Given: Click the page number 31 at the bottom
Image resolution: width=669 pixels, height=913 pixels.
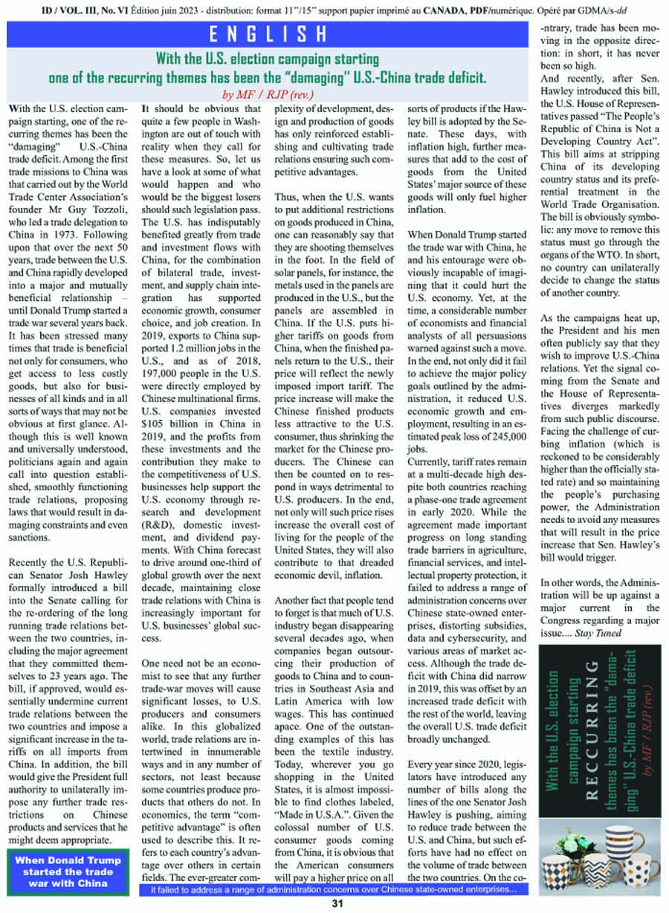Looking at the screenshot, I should pyautogui.click(x=336, y=904).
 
